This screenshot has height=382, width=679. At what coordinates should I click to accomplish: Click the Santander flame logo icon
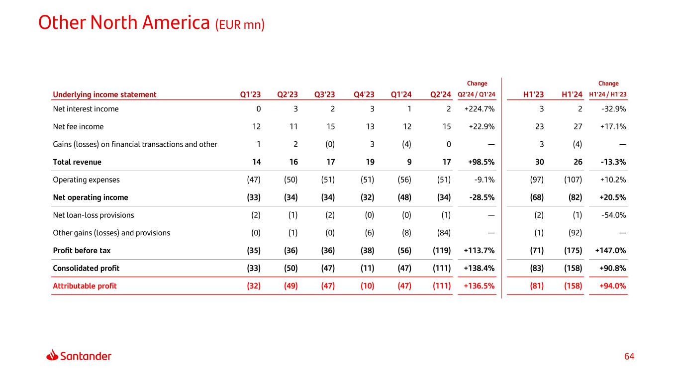[x=52, y=355]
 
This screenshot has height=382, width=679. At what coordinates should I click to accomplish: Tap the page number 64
[x=629, y=357]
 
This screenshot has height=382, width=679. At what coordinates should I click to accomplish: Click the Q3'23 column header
[x=324, y=95]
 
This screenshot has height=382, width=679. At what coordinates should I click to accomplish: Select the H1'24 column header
[x=572, y=95]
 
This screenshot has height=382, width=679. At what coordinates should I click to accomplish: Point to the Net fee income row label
[x=78, y=126]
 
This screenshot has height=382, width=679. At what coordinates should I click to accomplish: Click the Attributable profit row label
[x=85, y=286]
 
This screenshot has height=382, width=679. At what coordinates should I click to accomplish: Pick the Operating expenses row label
[x=86, y=180]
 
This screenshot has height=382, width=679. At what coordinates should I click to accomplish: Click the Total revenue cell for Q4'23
[x=369, y=162]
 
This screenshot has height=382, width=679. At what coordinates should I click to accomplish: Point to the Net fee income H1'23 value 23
[x=539, y=126]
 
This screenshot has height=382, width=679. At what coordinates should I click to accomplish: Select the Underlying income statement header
[x=104, y=95]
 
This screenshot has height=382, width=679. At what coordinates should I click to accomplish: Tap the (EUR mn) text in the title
[x=240, y=24]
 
